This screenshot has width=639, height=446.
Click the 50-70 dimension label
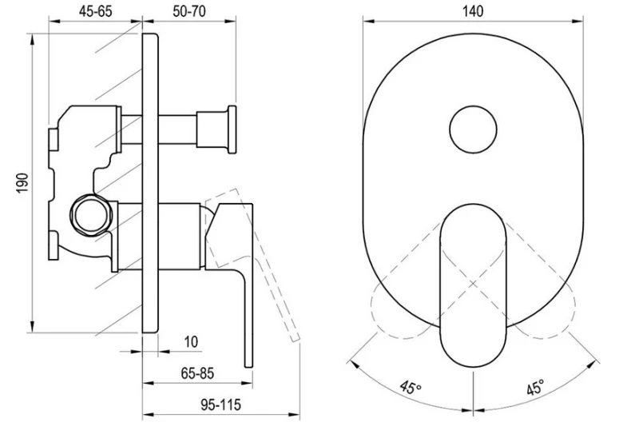tap(189, 10)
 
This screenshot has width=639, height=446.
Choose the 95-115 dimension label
tap(219, 404)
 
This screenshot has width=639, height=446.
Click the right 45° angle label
tap(535, 389)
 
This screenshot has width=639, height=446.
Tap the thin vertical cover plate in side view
tap(150, 183)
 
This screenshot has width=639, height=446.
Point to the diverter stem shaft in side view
tap(180, 128)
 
